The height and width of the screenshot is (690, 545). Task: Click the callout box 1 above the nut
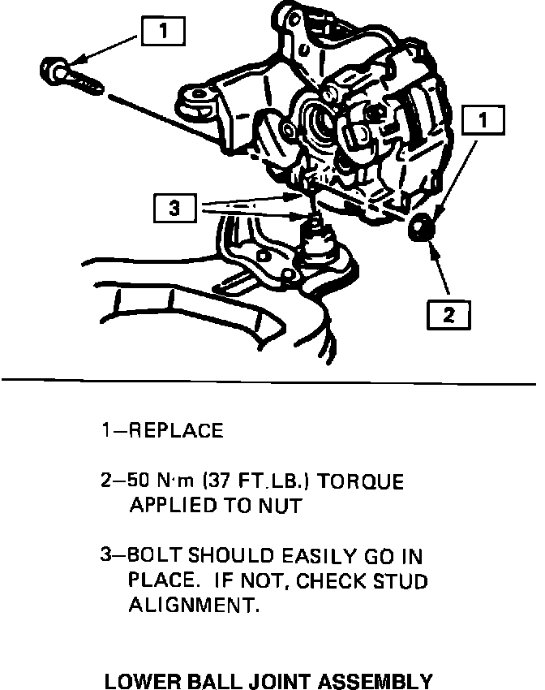(483, 121)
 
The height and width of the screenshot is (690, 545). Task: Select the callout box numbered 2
(448, 313)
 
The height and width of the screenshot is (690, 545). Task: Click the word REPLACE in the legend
(177, 430)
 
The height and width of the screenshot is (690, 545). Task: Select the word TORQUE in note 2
(363, 481)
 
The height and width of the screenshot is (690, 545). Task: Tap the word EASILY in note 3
(322, 557)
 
